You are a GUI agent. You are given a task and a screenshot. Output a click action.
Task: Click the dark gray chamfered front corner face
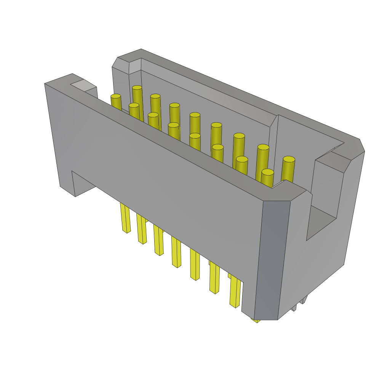(272, 259)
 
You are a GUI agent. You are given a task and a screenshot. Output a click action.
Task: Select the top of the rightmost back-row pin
(289, 159)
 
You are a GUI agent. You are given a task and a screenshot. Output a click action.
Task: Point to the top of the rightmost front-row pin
(267, 172)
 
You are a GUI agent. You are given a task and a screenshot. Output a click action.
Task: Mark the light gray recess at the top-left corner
(83, 85)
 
